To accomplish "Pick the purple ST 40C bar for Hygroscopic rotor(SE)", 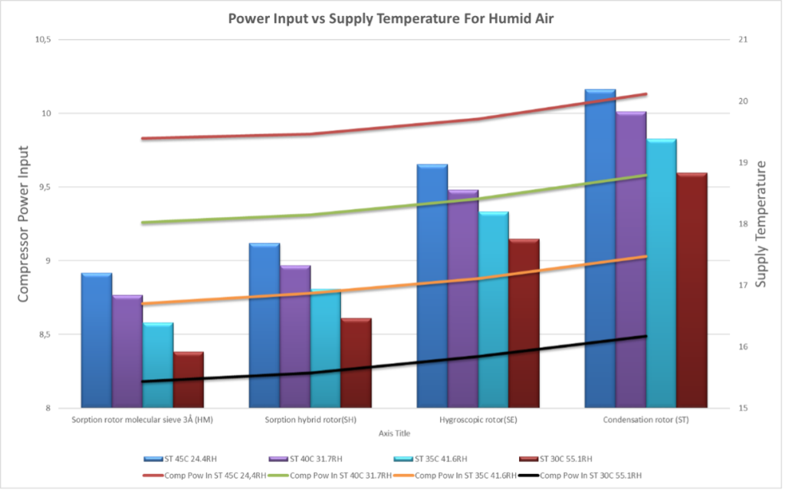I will [x=462, y=299].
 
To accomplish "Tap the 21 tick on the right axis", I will [x=723, y=40].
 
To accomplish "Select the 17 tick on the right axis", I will [x=723, y=285].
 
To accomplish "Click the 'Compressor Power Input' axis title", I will [x=24, y=223].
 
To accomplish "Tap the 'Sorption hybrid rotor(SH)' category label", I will [x=310, y=420].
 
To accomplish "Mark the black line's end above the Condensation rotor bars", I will [x=647, y=336].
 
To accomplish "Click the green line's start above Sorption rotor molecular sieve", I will [x=143, y=223].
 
